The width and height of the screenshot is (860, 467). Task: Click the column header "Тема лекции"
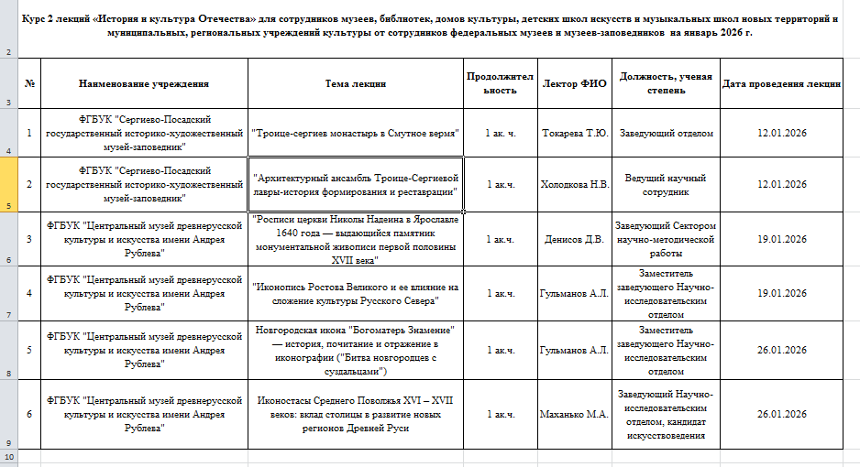[x=355, y=83]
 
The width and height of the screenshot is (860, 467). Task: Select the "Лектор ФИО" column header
[x=574, y=83]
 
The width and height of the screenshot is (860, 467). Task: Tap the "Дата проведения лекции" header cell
[x=781, y=83]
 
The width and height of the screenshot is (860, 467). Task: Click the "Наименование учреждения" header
[x=144, y=83]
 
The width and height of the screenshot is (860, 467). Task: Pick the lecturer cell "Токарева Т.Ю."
[x=574, y=133]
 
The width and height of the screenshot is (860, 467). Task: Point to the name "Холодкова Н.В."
[x=574, y=184]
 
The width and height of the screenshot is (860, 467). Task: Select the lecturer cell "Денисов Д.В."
[x=574, y=240]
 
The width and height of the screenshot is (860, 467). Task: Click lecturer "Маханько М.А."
[x=574, y=414]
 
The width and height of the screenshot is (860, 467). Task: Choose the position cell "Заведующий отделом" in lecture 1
[x=666, y=133]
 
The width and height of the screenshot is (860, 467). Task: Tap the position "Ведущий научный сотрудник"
[x=666, y=184]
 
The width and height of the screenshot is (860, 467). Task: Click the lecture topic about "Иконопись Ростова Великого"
[x=355, y=294]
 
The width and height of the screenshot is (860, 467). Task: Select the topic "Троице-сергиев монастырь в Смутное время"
[x=355, y=133]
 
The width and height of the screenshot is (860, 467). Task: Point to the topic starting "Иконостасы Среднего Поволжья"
[x=355, y=414]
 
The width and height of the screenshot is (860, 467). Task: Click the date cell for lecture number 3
[x=781, y=240]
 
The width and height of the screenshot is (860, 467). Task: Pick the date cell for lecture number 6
[x=781, y=414]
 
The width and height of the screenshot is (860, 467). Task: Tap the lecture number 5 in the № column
[x=29, y=350]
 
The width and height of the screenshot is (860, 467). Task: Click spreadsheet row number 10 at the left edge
[x=9, y=455]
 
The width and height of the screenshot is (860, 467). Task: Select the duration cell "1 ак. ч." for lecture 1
[x=500, y=133]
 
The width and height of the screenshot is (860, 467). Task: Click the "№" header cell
[x=29, y=83]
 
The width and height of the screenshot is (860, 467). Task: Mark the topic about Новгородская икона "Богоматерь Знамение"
[x=355, y=350]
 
